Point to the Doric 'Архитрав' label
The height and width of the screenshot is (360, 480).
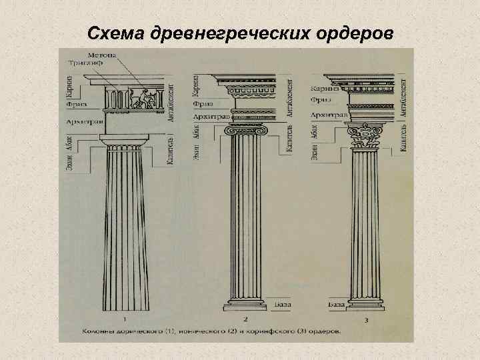click(x=80, y=123)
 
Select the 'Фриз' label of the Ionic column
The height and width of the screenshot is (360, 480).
click(x=202, y=104)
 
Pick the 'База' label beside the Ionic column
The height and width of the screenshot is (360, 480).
click(x=282, y=304)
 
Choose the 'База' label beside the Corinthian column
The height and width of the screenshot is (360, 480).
click(x=337, y=304)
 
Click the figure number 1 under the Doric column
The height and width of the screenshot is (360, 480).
click(x=126, y=319)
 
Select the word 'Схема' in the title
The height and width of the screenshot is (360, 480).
click(x=111, y=33)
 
